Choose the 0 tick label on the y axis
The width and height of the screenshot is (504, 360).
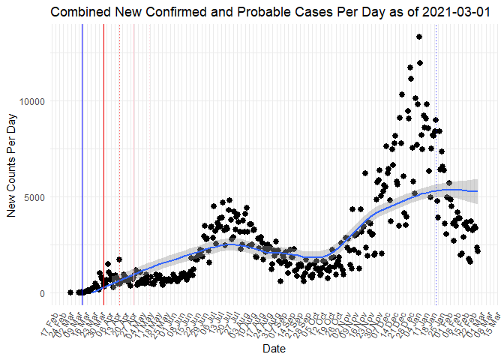tap(42, 293)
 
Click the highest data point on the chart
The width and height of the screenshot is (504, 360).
tap(419, 37)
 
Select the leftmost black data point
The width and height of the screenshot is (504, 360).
tap(70, 292)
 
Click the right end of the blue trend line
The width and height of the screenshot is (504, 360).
tap(478, 191)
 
